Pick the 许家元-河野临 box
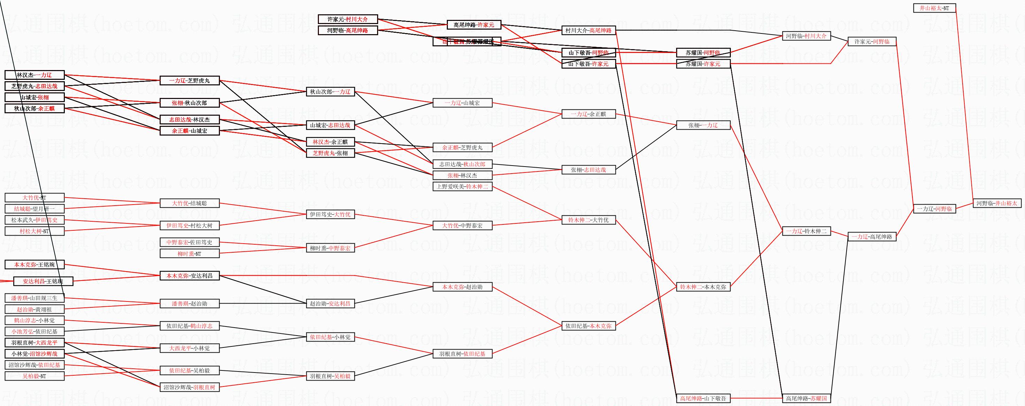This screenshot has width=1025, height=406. (x=872, y=41)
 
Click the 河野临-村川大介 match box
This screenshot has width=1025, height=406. (x=806, y=36)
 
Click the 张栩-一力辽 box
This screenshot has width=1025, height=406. (x=703, y=125)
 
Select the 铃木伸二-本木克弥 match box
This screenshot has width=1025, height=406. (x=703, y=286)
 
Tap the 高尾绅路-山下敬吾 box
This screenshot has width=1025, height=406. (x=703, y=398)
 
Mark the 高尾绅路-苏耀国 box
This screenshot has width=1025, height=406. (x=806, y=398)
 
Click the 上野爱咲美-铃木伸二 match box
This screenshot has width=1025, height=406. (x=462, y=186)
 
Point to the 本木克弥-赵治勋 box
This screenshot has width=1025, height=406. (x=462, y=286)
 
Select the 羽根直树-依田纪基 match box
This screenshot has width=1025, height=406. (x=462, y=353)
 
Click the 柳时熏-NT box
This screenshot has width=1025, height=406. (x=189, y=254)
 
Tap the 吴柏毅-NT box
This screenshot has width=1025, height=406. (x=34, y=376)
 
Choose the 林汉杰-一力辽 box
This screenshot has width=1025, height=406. (x=34, y=75)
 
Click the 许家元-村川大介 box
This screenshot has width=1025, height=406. (x=347, y=19)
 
